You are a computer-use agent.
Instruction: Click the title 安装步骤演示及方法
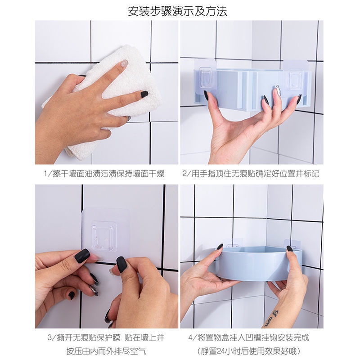(177, 11)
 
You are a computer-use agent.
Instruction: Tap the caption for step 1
(104, 174)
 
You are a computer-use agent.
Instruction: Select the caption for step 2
(251, 174)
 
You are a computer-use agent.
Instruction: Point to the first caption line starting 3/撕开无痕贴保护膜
(106, 338)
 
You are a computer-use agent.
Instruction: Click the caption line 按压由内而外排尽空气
(106, 351)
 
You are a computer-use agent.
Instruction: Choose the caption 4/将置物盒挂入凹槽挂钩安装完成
(249, 338)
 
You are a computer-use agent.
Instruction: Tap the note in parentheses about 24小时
(249, 351)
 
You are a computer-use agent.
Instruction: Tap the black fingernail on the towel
(144, 94)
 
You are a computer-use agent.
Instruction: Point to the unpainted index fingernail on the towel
(124, 63)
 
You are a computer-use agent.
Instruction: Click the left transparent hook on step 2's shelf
(205, 77)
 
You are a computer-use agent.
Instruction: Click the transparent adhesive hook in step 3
(105, 235)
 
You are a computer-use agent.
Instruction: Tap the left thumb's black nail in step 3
(82, 256)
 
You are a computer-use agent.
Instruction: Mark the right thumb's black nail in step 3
(121, 265)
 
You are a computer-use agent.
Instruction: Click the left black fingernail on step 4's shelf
(220, 246)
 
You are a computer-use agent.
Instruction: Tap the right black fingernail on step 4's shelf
(290, 248)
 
